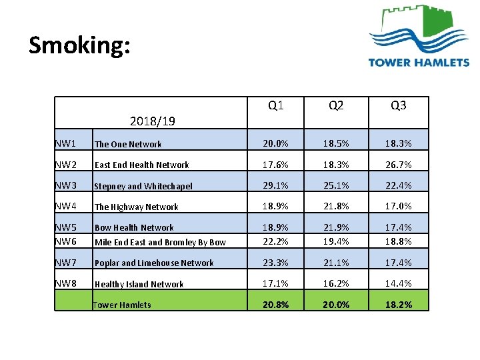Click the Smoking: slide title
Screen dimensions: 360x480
pos(80,45)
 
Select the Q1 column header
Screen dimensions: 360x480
pos(275,106)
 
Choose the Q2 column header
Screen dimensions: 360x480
pos(336,106)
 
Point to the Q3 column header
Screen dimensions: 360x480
pos(398,106)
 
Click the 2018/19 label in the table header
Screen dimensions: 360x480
pos(153,121)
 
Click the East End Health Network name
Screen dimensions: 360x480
pos(141,165)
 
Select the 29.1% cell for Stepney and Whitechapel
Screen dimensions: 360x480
pos(275,185)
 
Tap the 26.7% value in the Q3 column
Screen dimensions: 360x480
pos(398,164)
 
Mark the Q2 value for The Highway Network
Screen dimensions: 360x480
pos(336,206)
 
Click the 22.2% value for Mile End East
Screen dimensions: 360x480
pos(275,241)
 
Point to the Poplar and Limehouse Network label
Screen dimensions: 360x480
pos(154,263)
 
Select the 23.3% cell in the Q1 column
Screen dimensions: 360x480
pos(275,262)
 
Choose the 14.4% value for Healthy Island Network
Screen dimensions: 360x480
pos(398,283)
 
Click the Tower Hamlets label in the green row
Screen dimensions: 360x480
pos(122,305)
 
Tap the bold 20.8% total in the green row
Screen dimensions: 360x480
pos(275,305)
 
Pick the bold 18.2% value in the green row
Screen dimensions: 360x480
pos(398,305)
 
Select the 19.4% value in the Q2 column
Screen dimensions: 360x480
pos(336,241)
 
